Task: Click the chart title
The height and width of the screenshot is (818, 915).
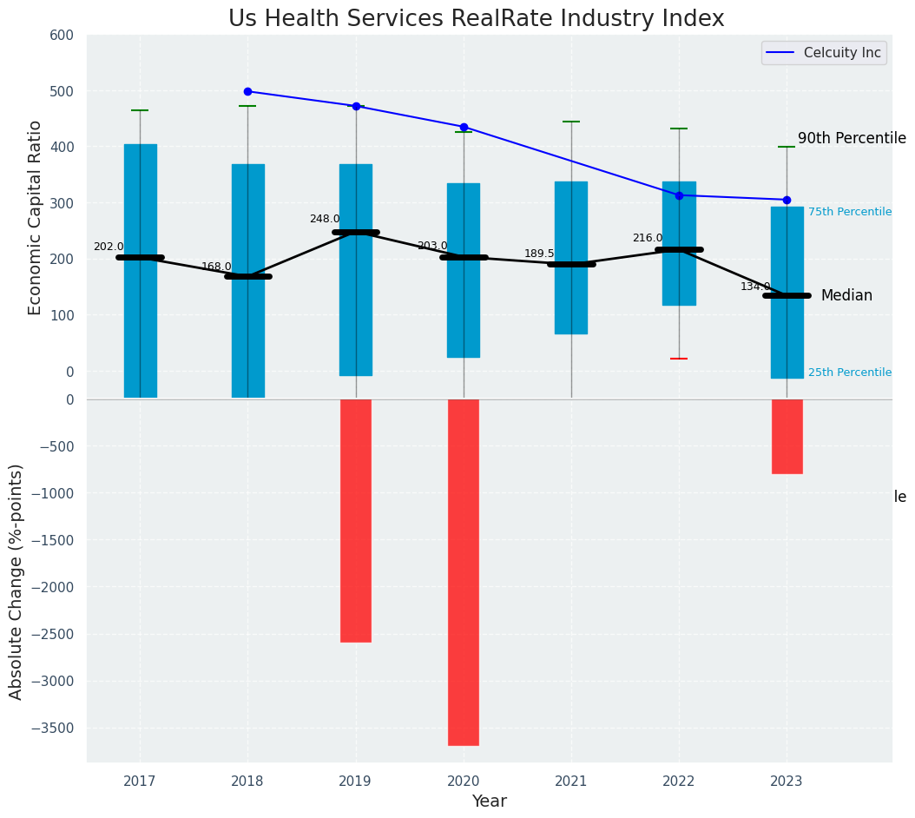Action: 476,19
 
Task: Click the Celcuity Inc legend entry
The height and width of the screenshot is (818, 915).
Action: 841,53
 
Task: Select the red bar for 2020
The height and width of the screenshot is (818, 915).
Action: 464,571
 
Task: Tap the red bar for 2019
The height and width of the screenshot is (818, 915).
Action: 356,520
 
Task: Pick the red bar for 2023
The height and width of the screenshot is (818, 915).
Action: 787,436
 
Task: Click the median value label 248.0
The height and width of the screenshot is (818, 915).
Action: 325,219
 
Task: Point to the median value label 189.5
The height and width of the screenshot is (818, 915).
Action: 539,254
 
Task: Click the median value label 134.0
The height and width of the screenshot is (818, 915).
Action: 755,287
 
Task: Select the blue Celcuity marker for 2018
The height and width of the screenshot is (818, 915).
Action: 247,91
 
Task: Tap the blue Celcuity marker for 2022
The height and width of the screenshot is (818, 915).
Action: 679,195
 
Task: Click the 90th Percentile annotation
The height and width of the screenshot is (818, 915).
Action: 852,139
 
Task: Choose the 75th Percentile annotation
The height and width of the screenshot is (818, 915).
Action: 849,212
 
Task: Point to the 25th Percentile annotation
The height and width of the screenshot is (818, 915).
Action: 849,373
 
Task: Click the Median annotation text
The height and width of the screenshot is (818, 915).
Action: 846,296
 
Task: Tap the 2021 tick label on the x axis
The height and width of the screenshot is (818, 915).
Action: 571,782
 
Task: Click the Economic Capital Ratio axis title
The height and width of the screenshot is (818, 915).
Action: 36,218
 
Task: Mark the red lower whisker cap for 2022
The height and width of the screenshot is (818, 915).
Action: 679,359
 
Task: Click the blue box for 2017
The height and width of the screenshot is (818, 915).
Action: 141,270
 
